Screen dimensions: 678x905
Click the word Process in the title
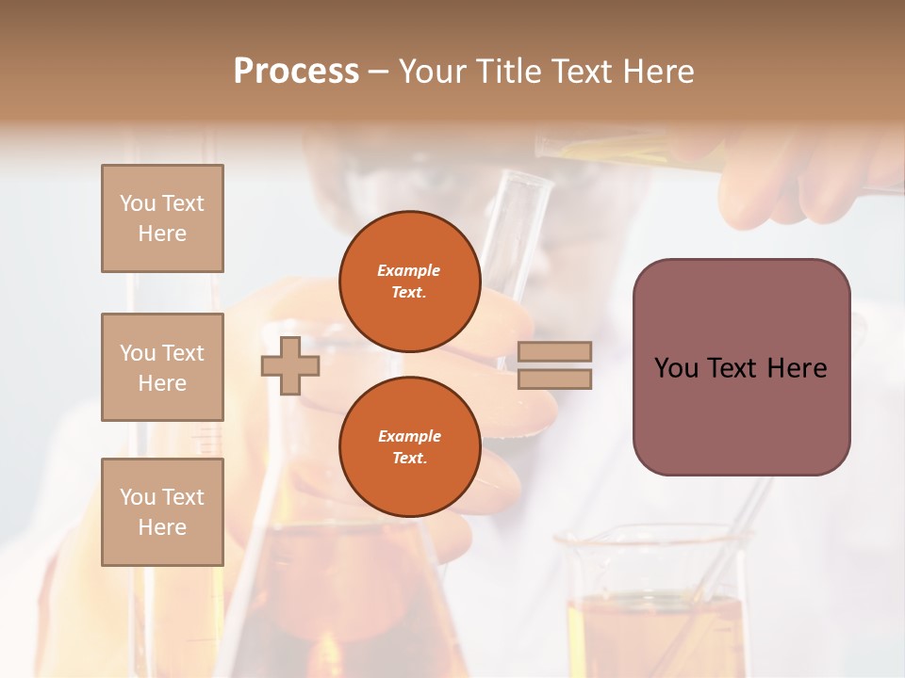(296, 72)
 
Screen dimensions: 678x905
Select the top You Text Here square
(162, 218)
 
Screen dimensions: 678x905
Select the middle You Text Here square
(162, 367)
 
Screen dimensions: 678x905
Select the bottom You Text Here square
(162, 512)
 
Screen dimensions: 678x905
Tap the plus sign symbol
(290, 365)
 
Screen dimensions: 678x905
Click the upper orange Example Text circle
(409, 282)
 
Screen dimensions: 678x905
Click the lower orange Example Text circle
(409, 447)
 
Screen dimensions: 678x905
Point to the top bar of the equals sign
(554, 351)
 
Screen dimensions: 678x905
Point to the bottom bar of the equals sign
(554, 379)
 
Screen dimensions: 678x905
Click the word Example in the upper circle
(409, 270)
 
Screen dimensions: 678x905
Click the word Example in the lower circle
(409, 436)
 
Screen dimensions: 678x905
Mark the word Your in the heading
(431, 72)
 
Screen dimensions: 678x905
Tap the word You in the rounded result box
(676, 368)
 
